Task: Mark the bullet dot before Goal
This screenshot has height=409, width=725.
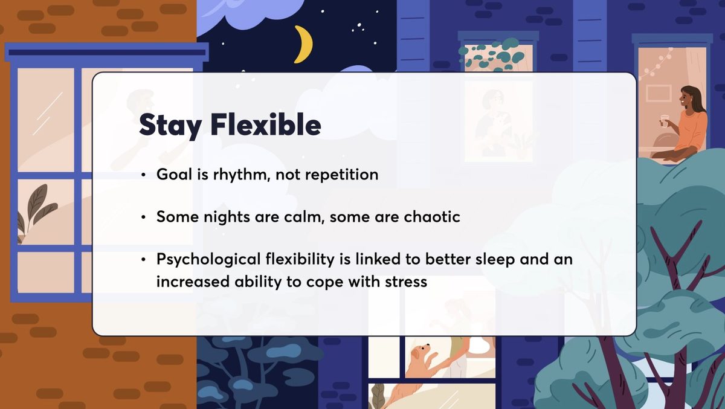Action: point(143,175)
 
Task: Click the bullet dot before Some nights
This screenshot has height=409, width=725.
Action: point(143,217)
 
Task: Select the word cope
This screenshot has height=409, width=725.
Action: point(327,282)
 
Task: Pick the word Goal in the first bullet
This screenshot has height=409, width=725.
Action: point(173,175)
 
